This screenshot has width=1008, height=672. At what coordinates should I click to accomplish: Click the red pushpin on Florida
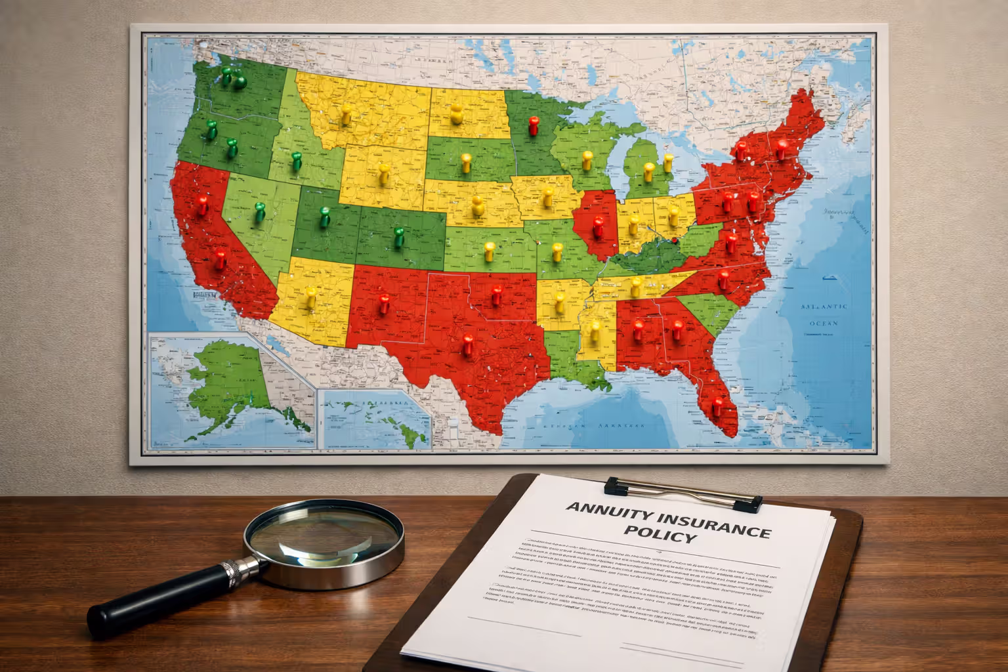click(718, 402)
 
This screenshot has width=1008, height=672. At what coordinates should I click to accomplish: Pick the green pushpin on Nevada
click(260, 210)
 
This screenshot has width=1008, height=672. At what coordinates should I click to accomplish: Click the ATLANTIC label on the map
click(824, 307)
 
